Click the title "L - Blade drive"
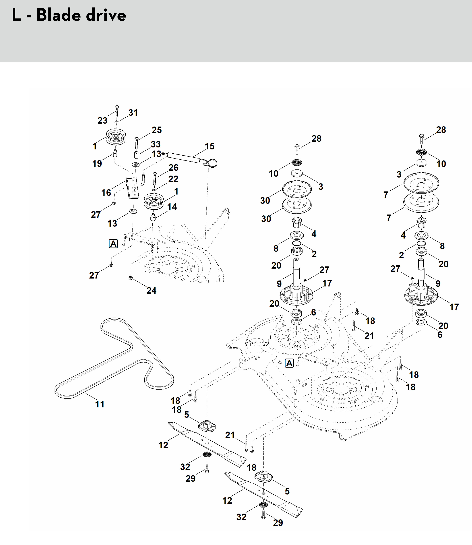(x=69, y=15)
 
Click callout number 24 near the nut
(x=151, y=290)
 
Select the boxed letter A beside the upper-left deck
(x=113, y=244)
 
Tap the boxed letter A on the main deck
(x=289, y=363)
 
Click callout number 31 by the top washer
(x=133, y=113)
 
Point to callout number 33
(x=156, y=144)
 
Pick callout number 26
(x=173, y=167)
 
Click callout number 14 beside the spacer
(x=172, y=207)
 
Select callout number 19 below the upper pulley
(x=97, y=163)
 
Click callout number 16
(x=106, y=193)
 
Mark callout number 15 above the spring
(x=209, y=146)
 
